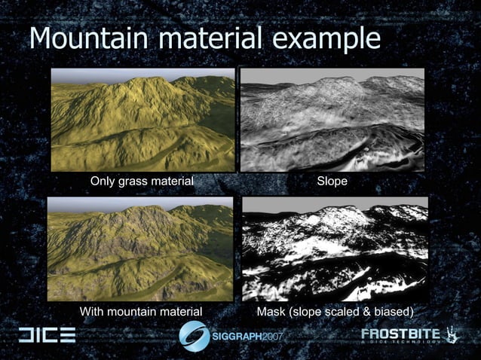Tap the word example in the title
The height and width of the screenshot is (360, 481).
click(x=320, y=38)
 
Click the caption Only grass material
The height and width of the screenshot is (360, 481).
click(x=142, y=181)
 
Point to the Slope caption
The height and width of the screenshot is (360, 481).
click(x=332, y=181)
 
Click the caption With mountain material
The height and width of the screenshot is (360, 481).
click(x=141, y=311)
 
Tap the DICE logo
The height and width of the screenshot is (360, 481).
click(x=47, y=335)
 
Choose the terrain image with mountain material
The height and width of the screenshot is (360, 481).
click(x=141, y=249)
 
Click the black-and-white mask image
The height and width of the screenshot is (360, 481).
click(x=335, y=249)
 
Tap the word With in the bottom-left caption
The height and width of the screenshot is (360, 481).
click(x=93, y=311)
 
